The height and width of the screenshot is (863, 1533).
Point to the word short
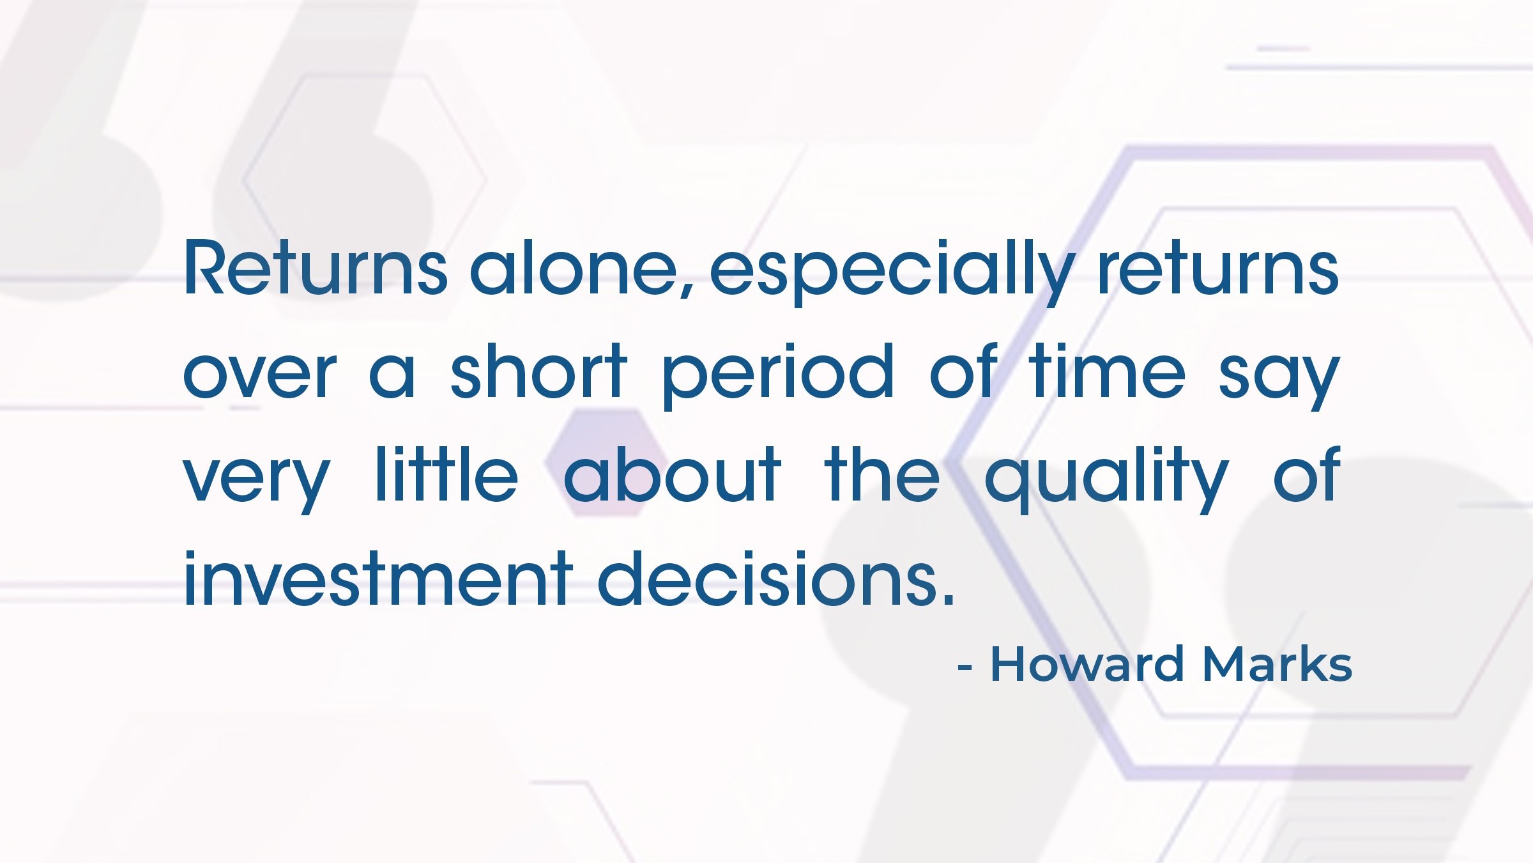click(538, 370)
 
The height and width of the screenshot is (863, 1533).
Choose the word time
click(1106, 370)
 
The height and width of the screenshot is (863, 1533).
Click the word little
click(446, 474)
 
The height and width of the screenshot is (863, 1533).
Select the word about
click(672, 474)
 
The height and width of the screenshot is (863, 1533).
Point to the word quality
click(1106, 479)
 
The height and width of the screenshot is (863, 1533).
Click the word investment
click(378, 577)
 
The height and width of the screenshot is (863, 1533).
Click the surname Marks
click(1277, 664)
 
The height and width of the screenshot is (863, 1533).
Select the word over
click(259, 376)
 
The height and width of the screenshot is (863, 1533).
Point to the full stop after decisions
click(948, 599)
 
